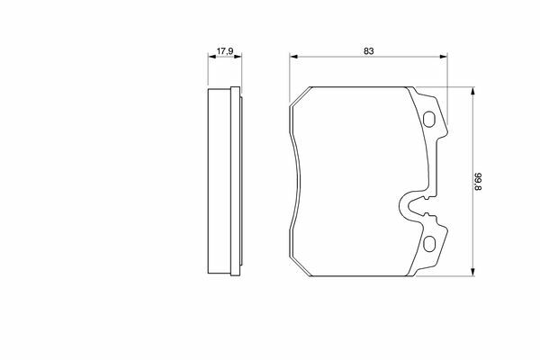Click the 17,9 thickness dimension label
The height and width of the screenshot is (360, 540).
coord(225,51)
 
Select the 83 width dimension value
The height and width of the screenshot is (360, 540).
coord(368,51)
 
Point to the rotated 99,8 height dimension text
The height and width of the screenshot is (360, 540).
coord(478,182)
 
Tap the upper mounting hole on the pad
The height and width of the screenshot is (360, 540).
coord(428,119)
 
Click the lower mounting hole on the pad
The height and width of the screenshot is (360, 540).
coord(428,244)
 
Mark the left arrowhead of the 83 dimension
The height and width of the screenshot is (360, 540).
coord(293,56)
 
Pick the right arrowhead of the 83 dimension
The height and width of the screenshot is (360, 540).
coord(443,56)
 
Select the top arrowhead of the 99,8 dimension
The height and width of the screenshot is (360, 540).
coord(472,91)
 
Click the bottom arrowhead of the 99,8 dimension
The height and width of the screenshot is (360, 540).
coord(472,272)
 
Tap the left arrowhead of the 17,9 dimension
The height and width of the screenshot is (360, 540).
coord(212,56)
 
